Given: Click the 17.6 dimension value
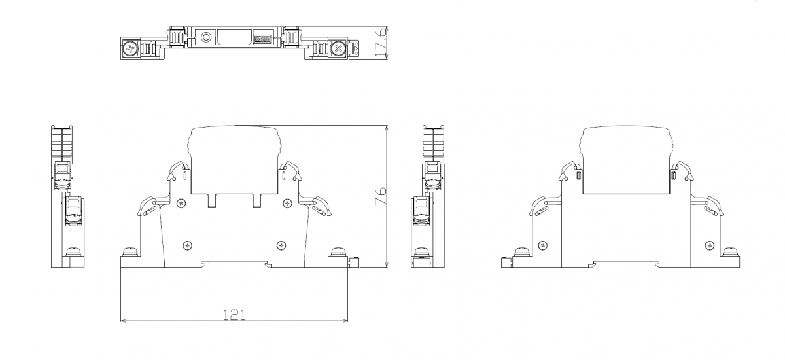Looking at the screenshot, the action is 380,43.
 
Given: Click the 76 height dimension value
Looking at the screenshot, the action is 380,196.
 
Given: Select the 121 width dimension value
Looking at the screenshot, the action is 234,314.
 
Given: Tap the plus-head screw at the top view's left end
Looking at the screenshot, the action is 130,48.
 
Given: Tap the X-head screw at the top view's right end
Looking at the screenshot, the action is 338,48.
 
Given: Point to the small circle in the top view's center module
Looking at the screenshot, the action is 205,37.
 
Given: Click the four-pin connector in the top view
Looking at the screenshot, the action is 262,39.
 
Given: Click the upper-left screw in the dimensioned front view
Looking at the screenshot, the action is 182,203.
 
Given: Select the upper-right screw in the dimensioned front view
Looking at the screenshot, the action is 288,203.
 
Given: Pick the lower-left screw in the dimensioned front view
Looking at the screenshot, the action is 188,245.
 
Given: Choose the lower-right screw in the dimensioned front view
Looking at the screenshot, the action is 281,245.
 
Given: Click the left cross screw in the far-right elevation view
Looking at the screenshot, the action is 543,245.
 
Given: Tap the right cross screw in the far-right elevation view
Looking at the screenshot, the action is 710,245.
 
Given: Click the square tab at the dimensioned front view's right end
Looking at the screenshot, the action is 355,262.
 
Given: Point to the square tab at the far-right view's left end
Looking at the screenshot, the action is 506,262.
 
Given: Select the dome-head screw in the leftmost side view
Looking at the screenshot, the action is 73,251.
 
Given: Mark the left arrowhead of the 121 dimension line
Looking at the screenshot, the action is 123,320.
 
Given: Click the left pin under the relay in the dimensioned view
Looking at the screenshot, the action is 212,200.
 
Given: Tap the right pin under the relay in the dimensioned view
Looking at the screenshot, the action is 257,200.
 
